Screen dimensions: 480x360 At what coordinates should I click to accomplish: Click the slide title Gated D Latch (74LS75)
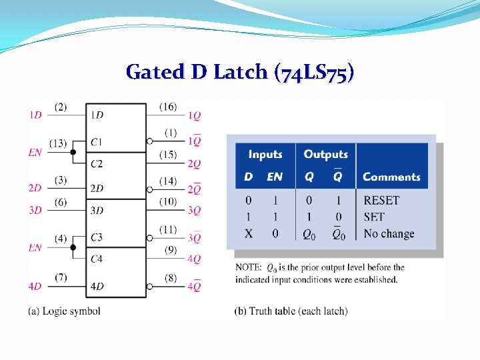[239, 71]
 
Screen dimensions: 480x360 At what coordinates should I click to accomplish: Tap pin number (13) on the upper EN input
[58, 143]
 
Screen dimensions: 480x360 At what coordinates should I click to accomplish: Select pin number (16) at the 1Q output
[168, 106]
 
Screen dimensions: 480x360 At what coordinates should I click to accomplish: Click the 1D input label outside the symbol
[35, 115]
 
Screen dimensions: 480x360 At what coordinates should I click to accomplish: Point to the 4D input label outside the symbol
[35, 287]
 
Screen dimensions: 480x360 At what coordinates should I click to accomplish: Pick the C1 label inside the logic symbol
[97, 142]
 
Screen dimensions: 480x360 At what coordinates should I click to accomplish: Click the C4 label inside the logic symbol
[97, 258]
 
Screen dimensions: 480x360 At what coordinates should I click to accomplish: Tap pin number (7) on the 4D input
[61, 277]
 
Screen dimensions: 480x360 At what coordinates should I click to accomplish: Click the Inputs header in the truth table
[265, 155]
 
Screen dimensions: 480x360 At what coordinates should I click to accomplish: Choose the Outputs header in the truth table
[326, 155]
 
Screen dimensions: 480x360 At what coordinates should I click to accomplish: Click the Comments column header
[391, 177]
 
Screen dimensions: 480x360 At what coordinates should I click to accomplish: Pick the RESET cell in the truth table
[381, 201]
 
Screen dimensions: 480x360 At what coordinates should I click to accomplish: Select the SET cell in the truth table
[374, 217]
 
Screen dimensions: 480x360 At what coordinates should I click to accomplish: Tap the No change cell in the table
[389, 234]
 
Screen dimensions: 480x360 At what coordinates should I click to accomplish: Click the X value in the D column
[248, 234]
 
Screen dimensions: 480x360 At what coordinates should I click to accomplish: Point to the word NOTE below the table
[248, 267]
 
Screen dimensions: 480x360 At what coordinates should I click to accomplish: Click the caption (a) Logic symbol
[65, 311]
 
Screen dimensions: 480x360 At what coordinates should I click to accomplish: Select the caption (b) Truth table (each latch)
[291, 311]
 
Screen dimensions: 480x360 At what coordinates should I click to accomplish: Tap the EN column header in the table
[275, 177]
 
